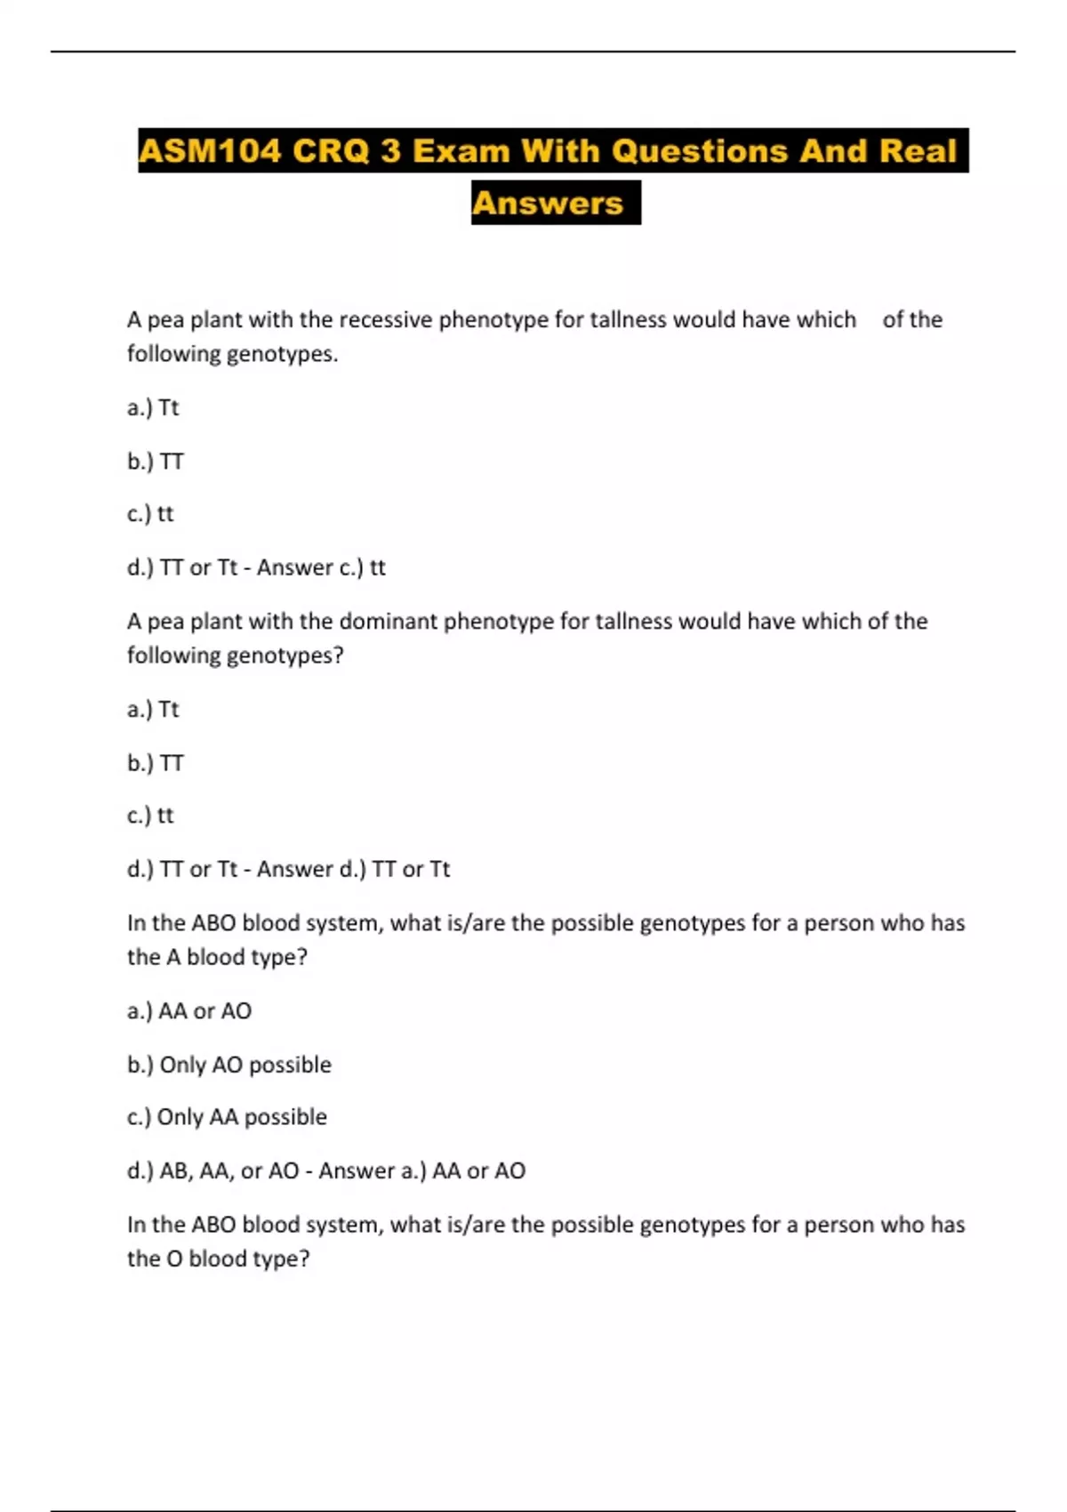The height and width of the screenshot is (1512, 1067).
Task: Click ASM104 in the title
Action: pyautogui.click(x=210, y=151)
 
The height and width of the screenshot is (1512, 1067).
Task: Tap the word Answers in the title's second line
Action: pyautogui.click(x=548, y=204)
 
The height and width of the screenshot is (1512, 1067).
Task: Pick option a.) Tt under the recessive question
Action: pyautogui.click(x=153, y=407)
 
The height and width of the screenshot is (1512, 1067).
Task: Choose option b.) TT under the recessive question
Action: pyautogui.click(x=155, y=461)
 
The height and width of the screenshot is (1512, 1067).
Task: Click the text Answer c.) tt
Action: pyautogui.click(x=321, y=567)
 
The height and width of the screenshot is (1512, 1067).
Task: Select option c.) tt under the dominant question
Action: pyautogui.click(x=150, y=816)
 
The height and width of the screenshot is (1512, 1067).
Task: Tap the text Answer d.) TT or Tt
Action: pyautogui.click(x=353, y=869)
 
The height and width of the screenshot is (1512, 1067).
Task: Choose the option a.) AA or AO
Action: pyautogui.click(x=189, y=1011)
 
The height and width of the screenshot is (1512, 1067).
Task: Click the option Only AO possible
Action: pyautogui.click(x=245, y=1065)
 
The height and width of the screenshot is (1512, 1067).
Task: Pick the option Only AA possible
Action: pyautogui.click(x=241, y=1117)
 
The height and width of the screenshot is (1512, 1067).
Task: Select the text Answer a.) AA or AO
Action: pyautogui.click(x=421, y=1170)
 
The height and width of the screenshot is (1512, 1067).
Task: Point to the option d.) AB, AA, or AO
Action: pyautogui.click(x=213, y=1170)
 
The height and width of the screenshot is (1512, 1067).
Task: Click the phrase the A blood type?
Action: pyautogui.click(x=217, y=957)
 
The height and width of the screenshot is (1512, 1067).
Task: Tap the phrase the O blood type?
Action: pyautogui.click(x=218, y=1259)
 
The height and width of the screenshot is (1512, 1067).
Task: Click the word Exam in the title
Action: pyautogui.click(x=461, y=151)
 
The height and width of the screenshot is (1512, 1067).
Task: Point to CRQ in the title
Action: pyautogui.click(x=331, y=151)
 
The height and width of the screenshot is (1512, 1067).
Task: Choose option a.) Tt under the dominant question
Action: pyautogui.click(x=153, y=709)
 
